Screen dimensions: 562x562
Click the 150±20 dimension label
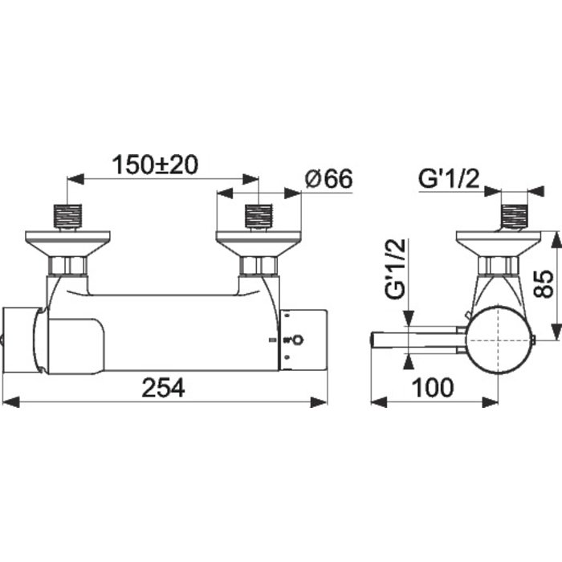click(155, 165)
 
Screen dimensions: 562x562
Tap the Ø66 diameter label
click(328, 178)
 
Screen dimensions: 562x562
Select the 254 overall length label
click(164, 388)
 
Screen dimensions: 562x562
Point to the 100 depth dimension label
click(433, 388)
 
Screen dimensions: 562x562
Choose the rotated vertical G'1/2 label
click(395, 268)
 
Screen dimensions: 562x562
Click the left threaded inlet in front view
click(67, 216)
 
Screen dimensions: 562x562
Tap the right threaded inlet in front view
click(259, 216)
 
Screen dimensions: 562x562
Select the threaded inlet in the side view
click(515, 216)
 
